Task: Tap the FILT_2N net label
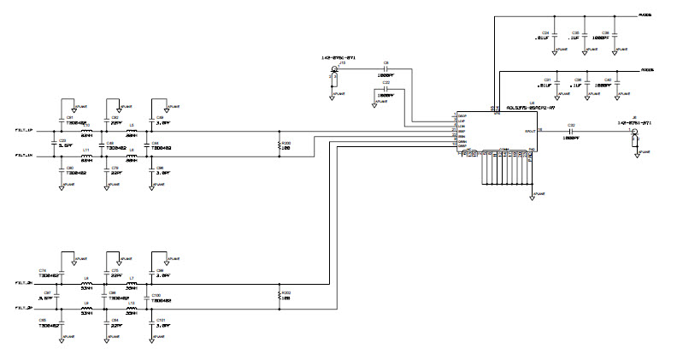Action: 24,283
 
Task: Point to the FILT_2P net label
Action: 24,308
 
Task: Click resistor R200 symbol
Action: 280,145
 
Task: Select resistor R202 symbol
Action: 280,296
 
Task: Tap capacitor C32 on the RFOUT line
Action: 569,132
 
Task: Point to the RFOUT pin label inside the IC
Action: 529,132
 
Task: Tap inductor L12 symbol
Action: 132,307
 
